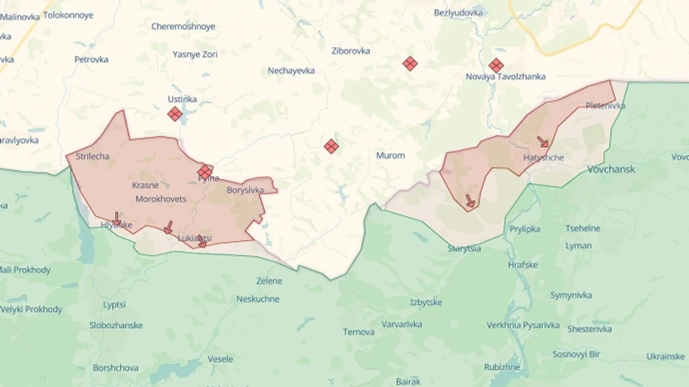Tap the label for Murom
[x=390, y=156]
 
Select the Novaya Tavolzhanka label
[x=505, y=77]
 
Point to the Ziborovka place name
[x=351, y=51]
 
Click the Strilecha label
[x=93, y=156]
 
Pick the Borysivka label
[x=245, y=190]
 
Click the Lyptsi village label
[x=114, y=304]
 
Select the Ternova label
[x=358, y=332]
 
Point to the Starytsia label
[x=464, y=248]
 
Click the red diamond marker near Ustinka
[x=175, y=114]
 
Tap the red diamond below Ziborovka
[x=410, y=64]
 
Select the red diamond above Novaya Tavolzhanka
[x=496, y=66]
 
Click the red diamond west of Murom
[x=331, y=146]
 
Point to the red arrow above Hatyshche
[x=543, y=142]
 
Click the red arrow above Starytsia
[x=470, y=202]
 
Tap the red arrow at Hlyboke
[x=116, y=219]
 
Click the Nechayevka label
[x=291, y=71]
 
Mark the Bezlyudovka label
[x=459, y=13]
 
